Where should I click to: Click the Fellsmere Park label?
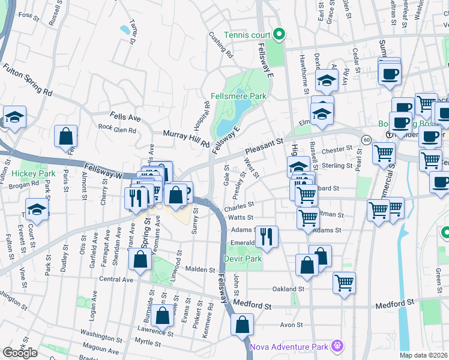(x=238, y=95)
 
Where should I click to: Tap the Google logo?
(x=20, y=352)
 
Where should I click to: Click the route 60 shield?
(x=366, y=139)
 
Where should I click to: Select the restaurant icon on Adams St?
(x=267, y=236)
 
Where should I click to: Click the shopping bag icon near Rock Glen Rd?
(x=65, y=136)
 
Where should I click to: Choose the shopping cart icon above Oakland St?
(x=344, y=282)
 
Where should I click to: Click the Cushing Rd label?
(x=221, y=45)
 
